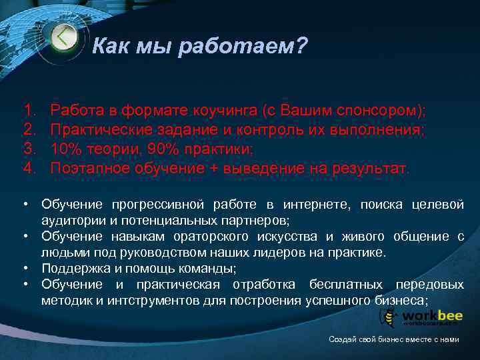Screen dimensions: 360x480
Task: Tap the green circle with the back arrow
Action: click(63, 37)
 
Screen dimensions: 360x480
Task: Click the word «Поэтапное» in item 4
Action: click(93, 167)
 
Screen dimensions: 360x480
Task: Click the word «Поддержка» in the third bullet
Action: click(73, 269)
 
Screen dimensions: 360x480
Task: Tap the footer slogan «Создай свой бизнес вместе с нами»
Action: click(394, 339)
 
